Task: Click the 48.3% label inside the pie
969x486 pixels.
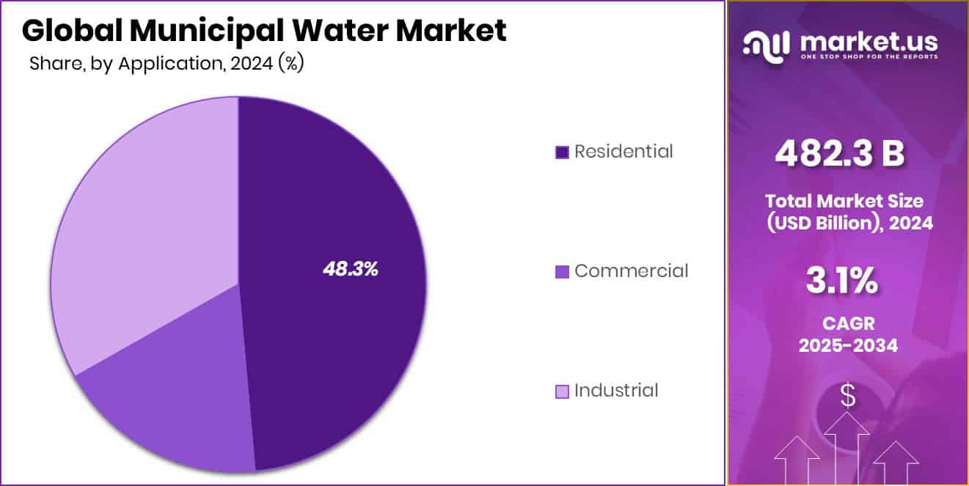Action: (x=350, y=269)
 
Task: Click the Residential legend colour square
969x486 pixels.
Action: (x=562, y=152)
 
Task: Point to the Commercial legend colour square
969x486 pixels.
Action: (x=562, y=272)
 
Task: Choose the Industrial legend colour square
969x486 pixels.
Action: (x=562, y=391)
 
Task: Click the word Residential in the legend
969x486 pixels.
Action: (x=623, y=152)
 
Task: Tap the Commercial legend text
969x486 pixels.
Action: (x=631, y=271)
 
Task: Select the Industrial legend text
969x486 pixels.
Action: (x=615, y=391)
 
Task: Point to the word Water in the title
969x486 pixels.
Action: (x=352, y=31)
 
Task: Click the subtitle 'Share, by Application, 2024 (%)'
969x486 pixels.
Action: (x=167, y=64)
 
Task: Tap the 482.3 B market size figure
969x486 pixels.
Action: (x=840, y=154)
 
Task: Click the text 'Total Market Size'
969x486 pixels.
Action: (x=844, y=201)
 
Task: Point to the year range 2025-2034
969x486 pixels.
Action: (x=847, y=345)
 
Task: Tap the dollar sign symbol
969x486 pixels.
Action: (x=847, y=397)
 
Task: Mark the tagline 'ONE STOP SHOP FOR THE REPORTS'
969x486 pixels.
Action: (x=869, y=56)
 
